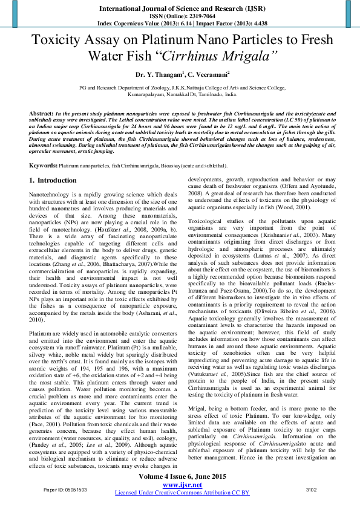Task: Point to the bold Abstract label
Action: [41, 114]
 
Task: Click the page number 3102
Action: [311, 489]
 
